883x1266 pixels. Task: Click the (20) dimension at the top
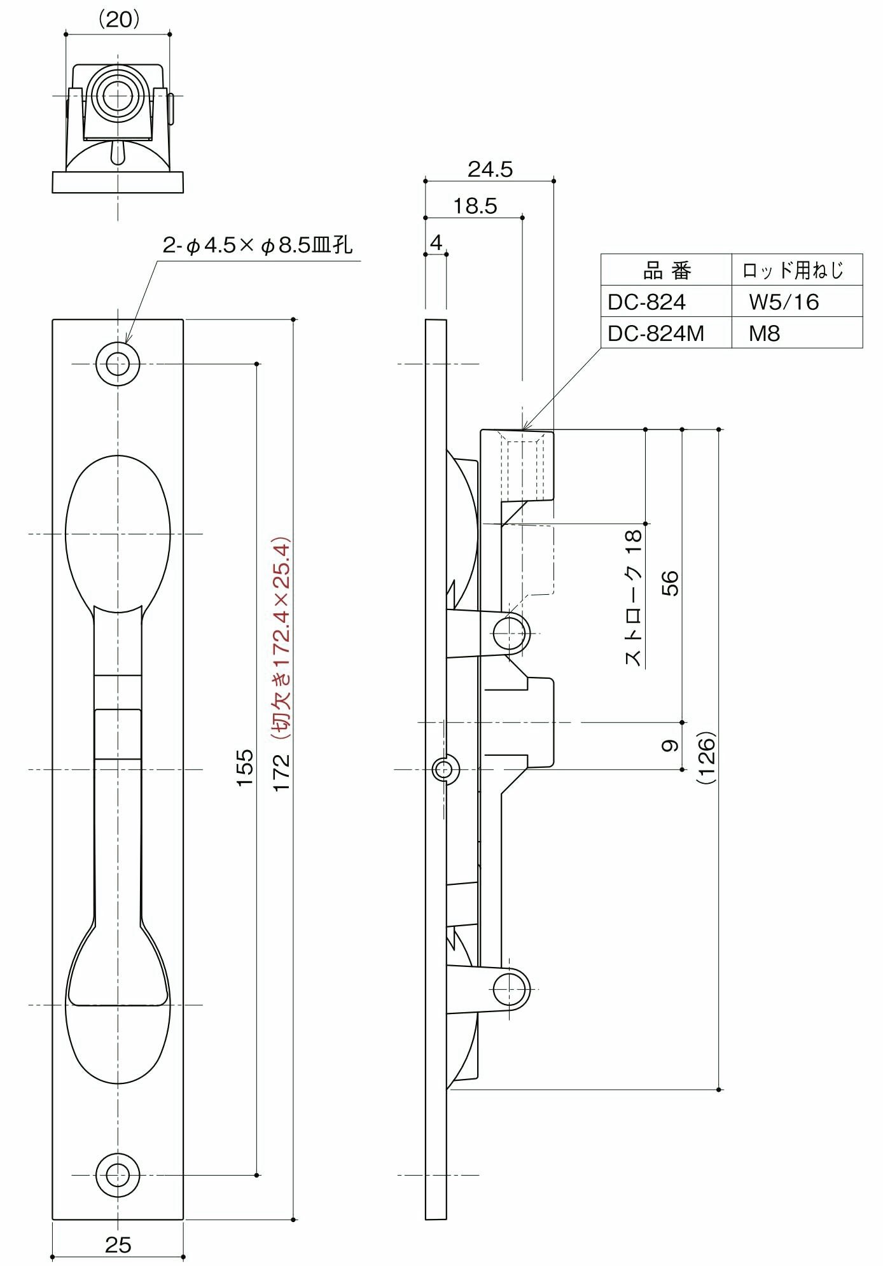pyautogui.click(x=118, y=20)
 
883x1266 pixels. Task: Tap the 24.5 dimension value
pyautogui.click(x=490, y=169)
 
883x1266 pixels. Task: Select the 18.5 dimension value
pyautogui.click(x=475, y=206)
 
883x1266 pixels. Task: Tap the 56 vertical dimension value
pyautogui.click(x=670, y=583)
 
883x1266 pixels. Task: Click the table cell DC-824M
pyautogui.click(x=656, y=333)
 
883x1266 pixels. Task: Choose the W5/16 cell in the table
pyautogui.click(x=784, y=302)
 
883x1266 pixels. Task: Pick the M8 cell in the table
pyautogui.click(x=764, y=333)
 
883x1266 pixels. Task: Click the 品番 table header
pyautogui.click(x=666, y=271)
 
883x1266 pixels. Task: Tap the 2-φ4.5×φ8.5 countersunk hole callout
pyautogui.click(x=257, y=245)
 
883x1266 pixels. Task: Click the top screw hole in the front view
pyautogui.click(x=118, y=364)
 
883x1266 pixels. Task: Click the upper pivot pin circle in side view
pyautogui.click(x=511, y=633)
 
